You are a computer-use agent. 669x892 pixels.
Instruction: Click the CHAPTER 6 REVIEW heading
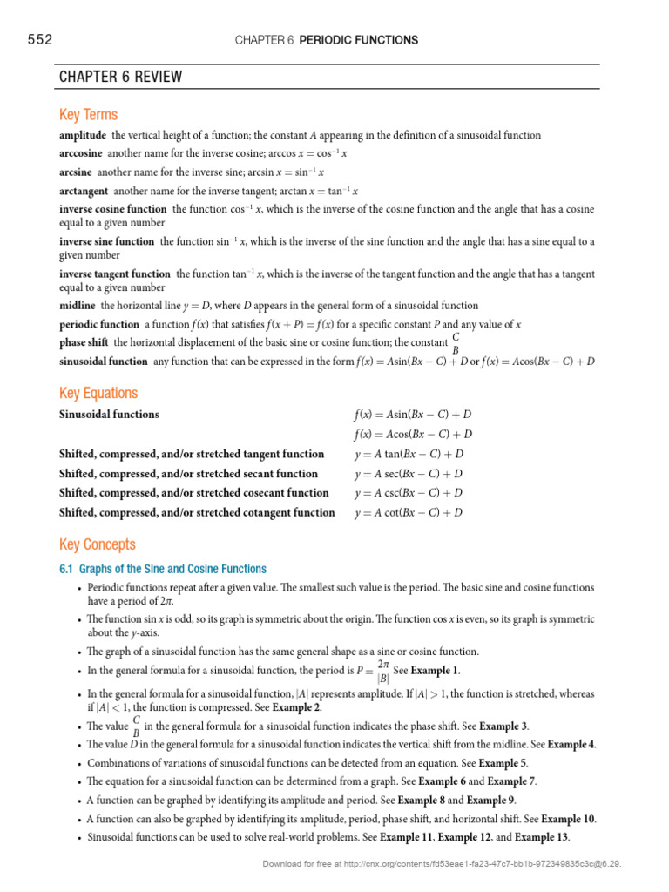click(x=120, y=77)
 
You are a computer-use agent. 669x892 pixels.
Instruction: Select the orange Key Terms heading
click(x=88, y=115)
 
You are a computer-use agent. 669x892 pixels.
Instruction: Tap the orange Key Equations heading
click(x=98, y=393)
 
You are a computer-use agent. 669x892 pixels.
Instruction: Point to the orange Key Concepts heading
click(x=98, y=544)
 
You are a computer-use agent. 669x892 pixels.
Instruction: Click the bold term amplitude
click(x=83, y=135)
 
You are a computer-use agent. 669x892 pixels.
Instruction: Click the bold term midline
click(x=78, y=306)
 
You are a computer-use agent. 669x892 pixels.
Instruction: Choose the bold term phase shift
click(x=84, y=342)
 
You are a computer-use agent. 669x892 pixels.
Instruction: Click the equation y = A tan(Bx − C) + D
click(x=408, y=454)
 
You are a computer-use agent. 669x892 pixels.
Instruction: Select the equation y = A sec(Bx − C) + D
click(x=408, y=474)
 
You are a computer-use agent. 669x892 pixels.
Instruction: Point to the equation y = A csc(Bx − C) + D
click(x=408, y=493)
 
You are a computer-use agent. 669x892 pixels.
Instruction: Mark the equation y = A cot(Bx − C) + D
click(x=408, y=513)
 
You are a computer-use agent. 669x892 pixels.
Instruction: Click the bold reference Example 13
click(x=541, y=838)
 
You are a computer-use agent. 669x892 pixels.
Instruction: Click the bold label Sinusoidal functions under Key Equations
click(x=109, y=415)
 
